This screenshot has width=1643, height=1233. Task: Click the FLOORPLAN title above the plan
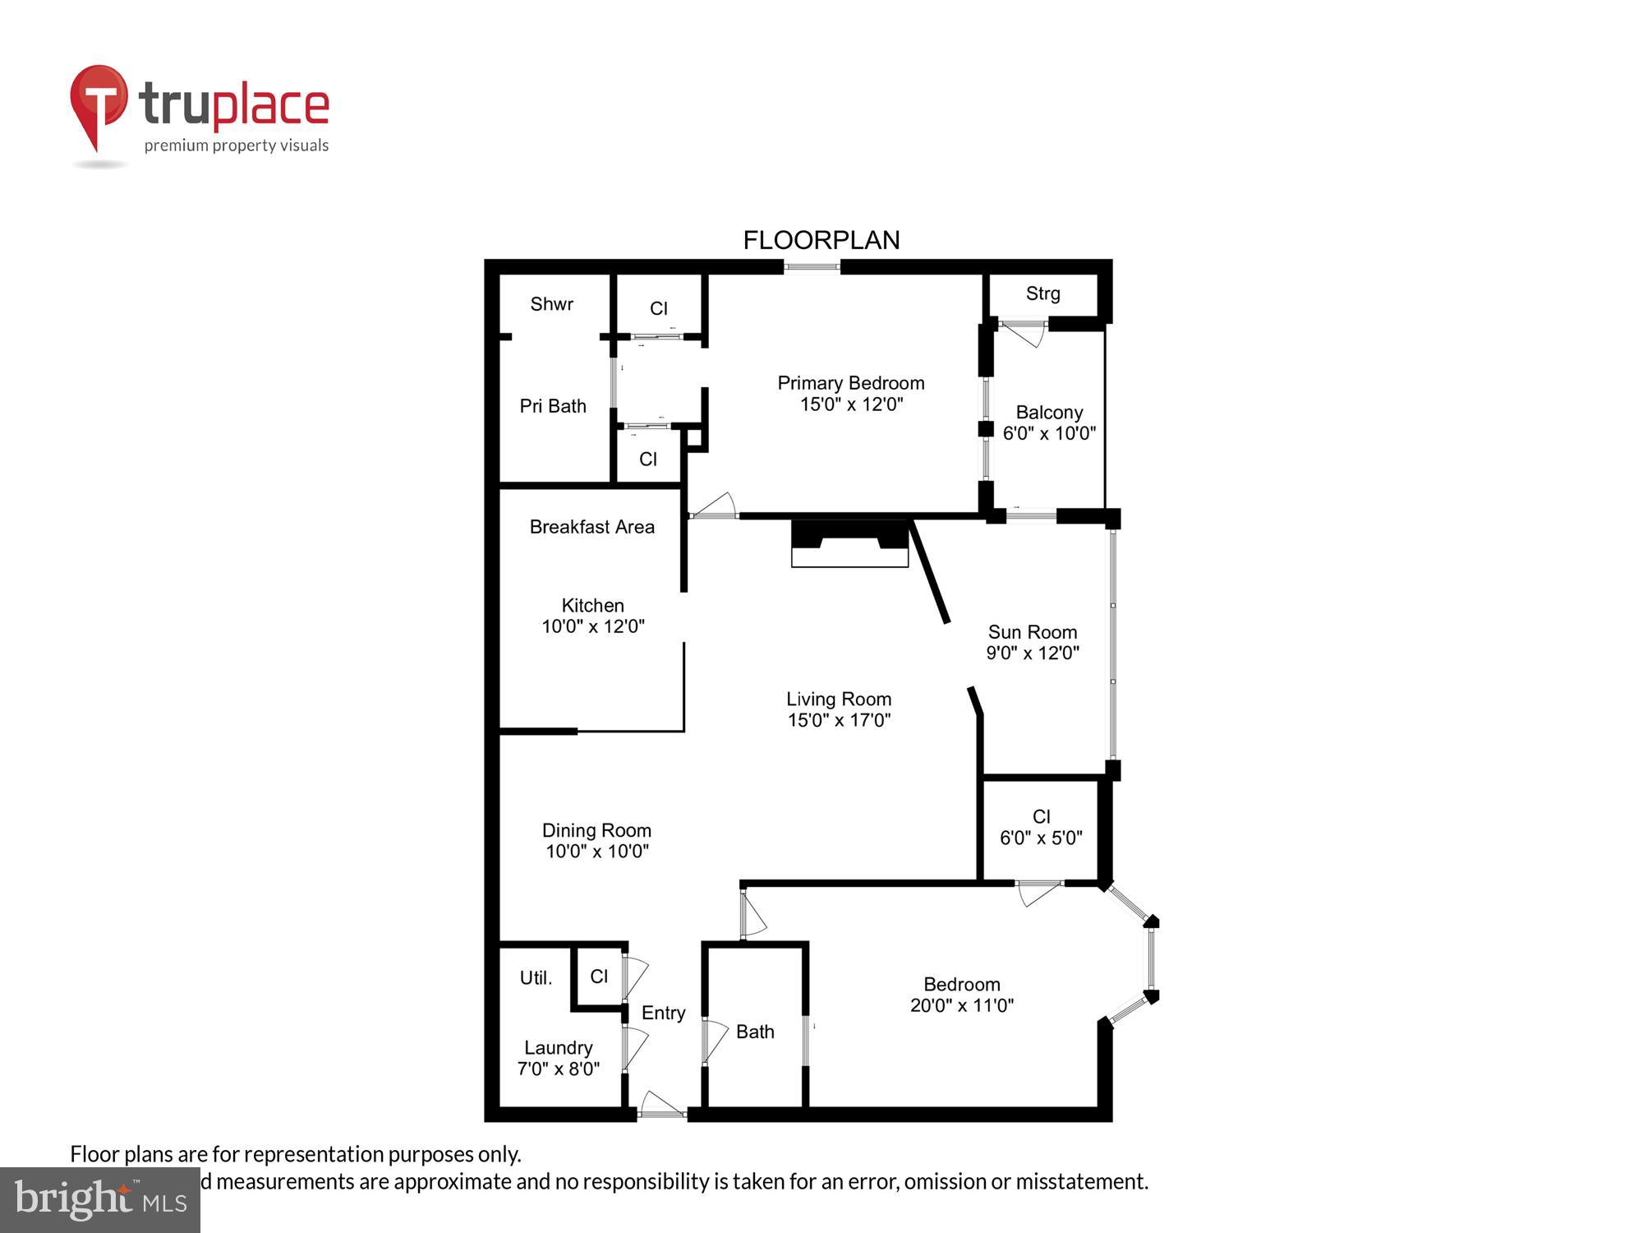821,240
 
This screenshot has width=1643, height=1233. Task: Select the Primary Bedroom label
851,383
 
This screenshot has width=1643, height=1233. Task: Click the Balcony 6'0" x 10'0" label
1049,423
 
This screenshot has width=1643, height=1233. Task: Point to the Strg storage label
1042,293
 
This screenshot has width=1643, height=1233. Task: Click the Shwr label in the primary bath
551,304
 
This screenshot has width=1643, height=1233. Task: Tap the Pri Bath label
553,406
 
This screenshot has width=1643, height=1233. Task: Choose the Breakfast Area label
591,527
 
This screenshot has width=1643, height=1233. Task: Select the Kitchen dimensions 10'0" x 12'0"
592,626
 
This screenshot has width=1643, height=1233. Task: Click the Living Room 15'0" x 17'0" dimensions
839,720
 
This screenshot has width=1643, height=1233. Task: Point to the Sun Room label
1032,632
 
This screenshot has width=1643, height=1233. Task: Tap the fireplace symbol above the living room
849,543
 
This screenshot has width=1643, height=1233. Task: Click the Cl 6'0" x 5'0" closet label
1041,827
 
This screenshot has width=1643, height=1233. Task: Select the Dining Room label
596,830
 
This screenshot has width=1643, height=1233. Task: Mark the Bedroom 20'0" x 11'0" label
961,995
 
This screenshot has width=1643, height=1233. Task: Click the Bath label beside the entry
755,1032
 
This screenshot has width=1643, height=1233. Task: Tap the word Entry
663,1013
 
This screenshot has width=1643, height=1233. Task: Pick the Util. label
536,978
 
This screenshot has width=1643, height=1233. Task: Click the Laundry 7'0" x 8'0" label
558,1058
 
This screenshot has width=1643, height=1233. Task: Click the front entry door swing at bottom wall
662,1105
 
